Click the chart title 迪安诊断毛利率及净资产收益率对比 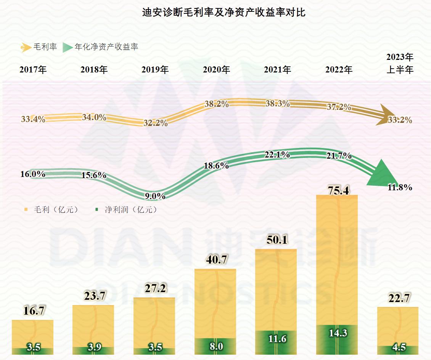[x=224, y=13]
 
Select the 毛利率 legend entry [x=39, y=47]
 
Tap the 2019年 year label [x=155, y=70]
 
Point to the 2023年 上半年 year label [x=400, y=64]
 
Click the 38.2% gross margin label [x=217, y=104]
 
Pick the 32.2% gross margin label [x=156, y=123]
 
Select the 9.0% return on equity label [x=156, y=196]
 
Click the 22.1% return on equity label [x=277, y=154]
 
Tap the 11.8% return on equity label [x=400, y=187]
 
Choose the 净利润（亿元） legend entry [x=126, y=209]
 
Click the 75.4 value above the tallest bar [x=338, y=190]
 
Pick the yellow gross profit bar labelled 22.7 [x=398, y=326]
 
